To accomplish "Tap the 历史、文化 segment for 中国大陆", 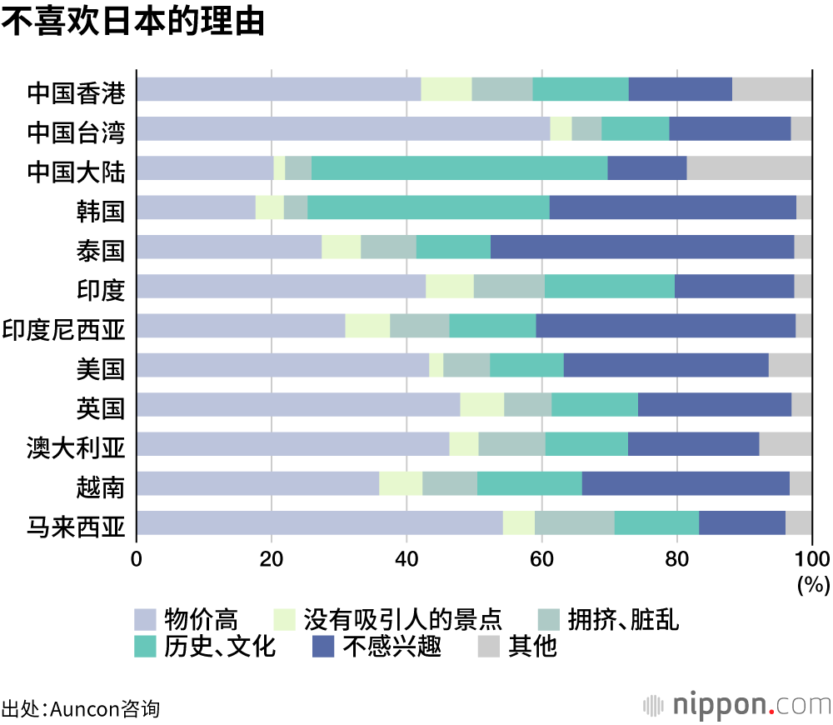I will (x=459, y=168).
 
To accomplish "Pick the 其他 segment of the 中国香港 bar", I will (x=771, y=89).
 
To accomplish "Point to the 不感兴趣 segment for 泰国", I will (x=642, y=247).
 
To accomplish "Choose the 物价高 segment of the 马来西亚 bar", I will (x=319, y=523).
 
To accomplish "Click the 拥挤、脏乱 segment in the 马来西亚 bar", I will (x=574, y=523).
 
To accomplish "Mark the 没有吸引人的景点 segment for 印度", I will (x=449, y=287).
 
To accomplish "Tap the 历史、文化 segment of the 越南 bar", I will (x=529, y=483).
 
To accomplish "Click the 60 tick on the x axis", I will (x=541, y=558).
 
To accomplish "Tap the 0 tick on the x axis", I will (x=137, y=558).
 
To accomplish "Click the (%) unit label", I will (x=813, y=584).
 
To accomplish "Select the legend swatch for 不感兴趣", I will (x=323, y=646).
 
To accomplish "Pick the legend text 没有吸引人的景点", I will (x=403, y=619).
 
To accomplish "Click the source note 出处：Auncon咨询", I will (x=80, y=709).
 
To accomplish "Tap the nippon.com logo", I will (x=736, y=704).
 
